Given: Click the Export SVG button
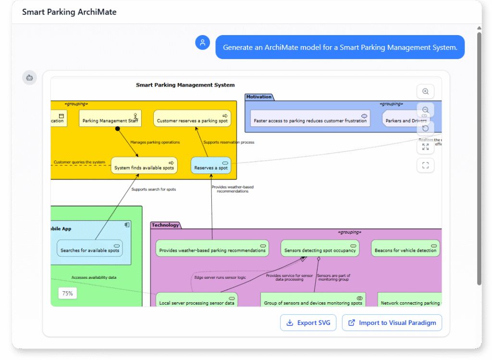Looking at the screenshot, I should (x=308, y=323).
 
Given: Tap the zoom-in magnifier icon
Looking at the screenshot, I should (x=425, y=91).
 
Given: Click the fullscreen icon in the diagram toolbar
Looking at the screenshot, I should (x=425, y=165).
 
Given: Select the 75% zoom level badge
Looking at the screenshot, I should (x=67, y=293).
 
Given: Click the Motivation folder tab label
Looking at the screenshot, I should (x=259, y=97).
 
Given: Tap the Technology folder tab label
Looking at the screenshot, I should (x=165, y=225).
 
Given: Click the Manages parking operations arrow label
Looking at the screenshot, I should (x=155, y=142).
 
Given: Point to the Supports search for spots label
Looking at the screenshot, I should (x=154, y=189).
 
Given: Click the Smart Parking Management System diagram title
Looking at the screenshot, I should (x=185, y=85).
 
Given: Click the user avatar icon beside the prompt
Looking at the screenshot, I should (x=202, y=42).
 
